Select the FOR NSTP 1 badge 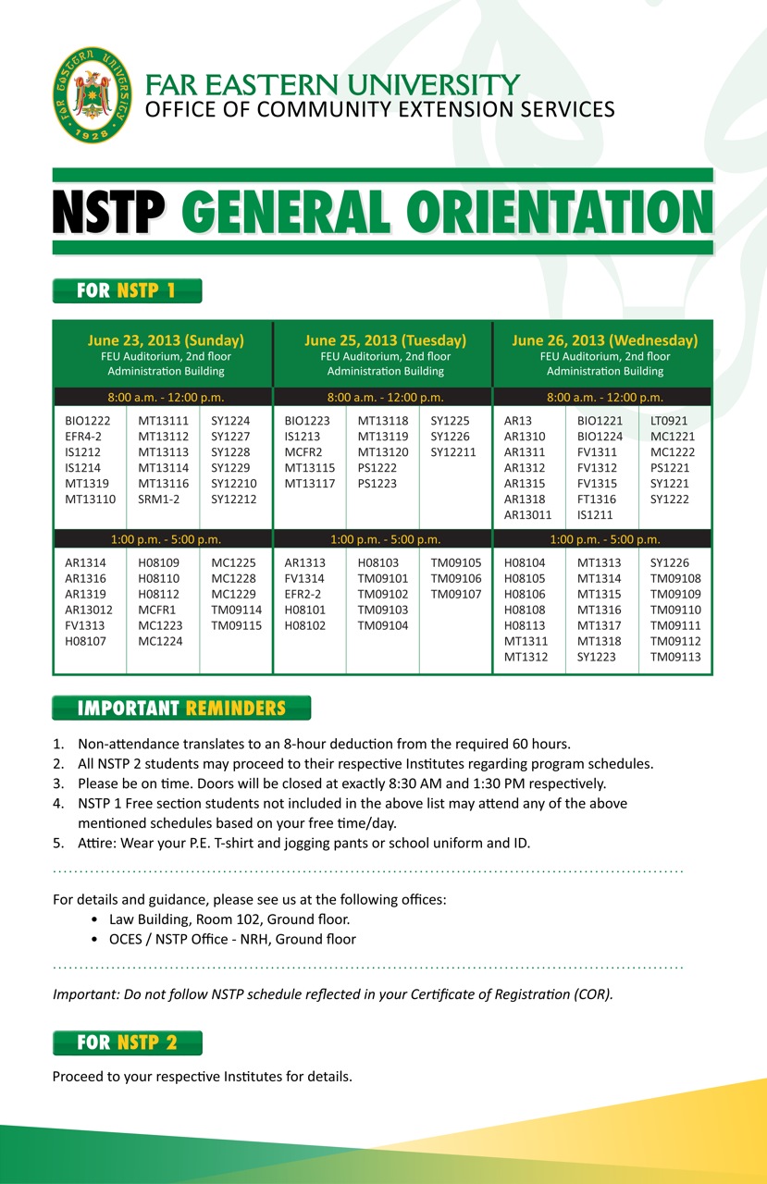point(127,291)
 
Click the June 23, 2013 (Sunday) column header point(166,340)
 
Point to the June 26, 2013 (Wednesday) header point(605,340)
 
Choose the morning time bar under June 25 point(385,398)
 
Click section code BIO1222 point(86,421)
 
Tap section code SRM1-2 point(158,499)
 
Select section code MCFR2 point(303,452)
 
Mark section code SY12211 point(455,452)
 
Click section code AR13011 point(527,515)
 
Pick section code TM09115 point(236,625)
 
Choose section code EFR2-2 point(303,594)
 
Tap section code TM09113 point(675,657)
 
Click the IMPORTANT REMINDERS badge point(181,709)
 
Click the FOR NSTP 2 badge point(127,1042)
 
